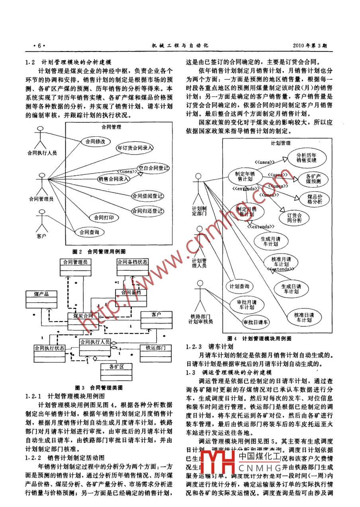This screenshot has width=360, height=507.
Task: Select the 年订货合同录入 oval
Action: point(135,147)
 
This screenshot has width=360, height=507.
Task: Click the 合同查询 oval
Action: point(89,232)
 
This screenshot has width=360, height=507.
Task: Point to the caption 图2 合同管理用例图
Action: point(99,252)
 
